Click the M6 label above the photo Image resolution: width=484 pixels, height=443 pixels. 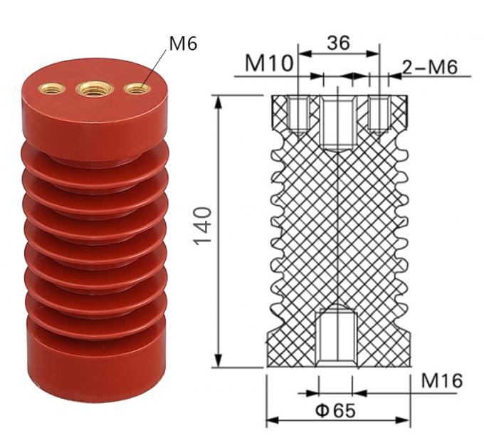182,43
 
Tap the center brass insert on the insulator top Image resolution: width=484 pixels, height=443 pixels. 95,88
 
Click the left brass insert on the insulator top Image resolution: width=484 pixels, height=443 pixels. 52,88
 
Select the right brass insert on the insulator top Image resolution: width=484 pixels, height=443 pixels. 137,88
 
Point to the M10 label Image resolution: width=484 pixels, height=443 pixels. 268,64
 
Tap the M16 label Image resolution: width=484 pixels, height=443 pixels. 441,380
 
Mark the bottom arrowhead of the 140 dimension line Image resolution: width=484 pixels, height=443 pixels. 218,362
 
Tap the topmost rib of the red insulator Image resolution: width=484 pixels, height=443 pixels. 95,160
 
